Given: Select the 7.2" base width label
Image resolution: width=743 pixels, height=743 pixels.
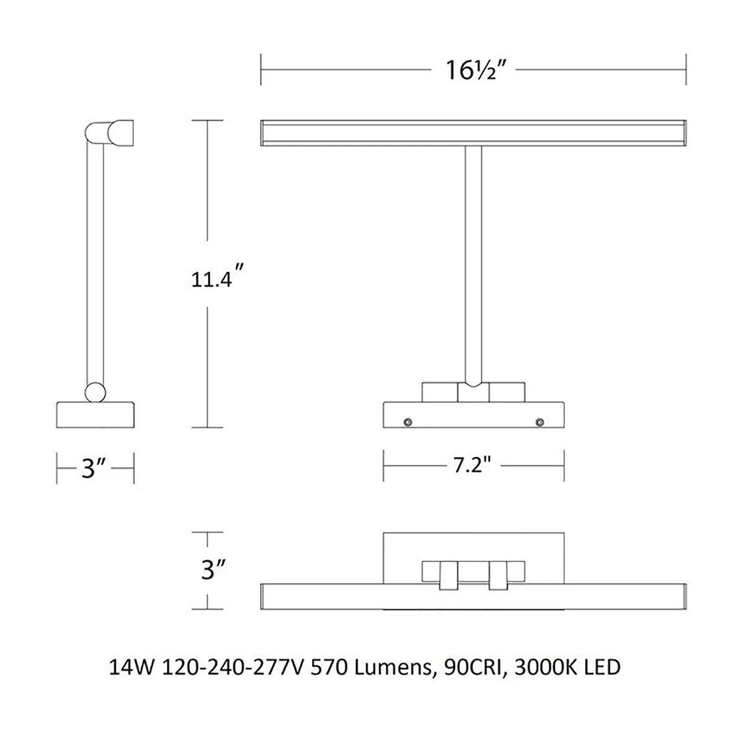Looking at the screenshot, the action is (x=472, y=465).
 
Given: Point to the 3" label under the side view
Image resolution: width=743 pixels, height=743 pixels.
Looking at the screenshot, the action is (x=93, y=469).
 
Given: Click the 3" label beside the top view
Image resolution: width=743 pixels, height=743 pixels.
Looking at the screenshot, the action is (x=213, y=570).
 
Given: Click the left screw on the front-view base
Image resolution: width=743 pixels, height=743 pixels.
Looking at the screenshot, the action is (x=407, y=422).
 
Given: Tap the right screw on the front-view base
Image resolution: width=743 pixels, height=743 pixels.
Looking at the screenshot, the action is (x=540, y=422).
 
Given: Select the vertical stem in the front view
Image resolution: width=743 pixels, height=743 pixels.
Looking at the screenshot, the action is (x=473, y=266).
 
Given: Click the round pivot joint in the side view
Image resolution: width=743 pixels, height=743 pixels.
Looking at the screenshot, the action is (x=95, y=392).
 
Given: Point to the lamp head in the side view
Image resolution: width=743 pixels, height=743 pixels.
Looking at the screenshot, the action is (x=110, y=133).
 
